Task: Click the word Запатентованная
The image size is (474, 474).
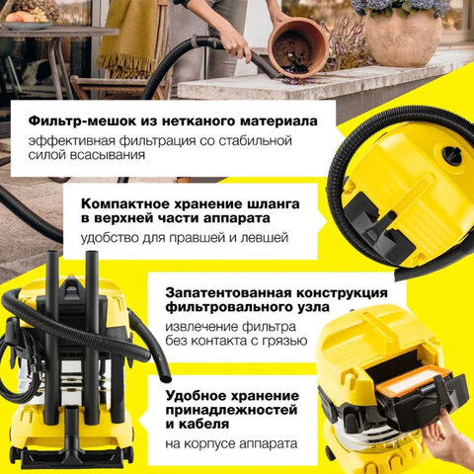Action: [x=228, y=292]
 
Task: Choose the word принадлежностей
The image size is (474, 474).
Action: [x=231, y=410]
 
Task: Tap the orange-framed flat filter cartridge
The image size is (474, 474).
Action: [x=413, y=380]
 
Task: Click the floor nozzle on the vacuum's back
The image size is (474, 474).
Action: [x=71, y=447]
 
